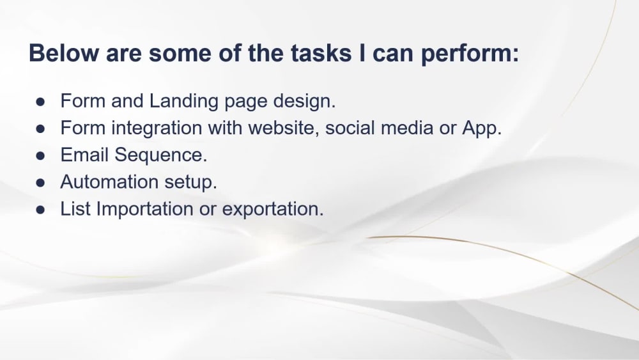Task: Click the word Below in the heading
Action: pyautogui.click(x=64, y=53)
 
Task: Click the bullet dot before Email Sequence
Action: pyautogui.click(x=40, y=155)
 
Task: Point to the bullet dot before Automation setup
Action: pyautogui.click(x=40, y=182)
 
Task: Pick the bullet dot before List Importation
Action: pyautogui.click(x=40, y=209)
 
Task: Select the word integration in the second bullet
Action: pyautogui.click(x=157, y=129)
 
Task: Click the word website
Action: pyautogui.click(x=284, y=128)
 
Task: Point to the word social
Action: pyautogui.click(x=350, y=128)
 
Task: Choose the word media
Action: pyautogui.click(x=406, y=128)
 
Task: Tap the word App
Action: pyautogui.click(x=482, y=129)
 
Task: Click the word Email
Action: pyautogui.click(x=84, y=155)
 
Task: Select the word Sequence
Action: pyautogui.click(x=161, y=155)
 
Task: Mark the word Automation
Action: pyautogui.click(x=109, y=182)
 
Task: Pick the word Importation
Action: pyautogui.click(x=144, y=208)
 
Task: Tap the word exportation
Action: pyautogui.click(x=273, y=209)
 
